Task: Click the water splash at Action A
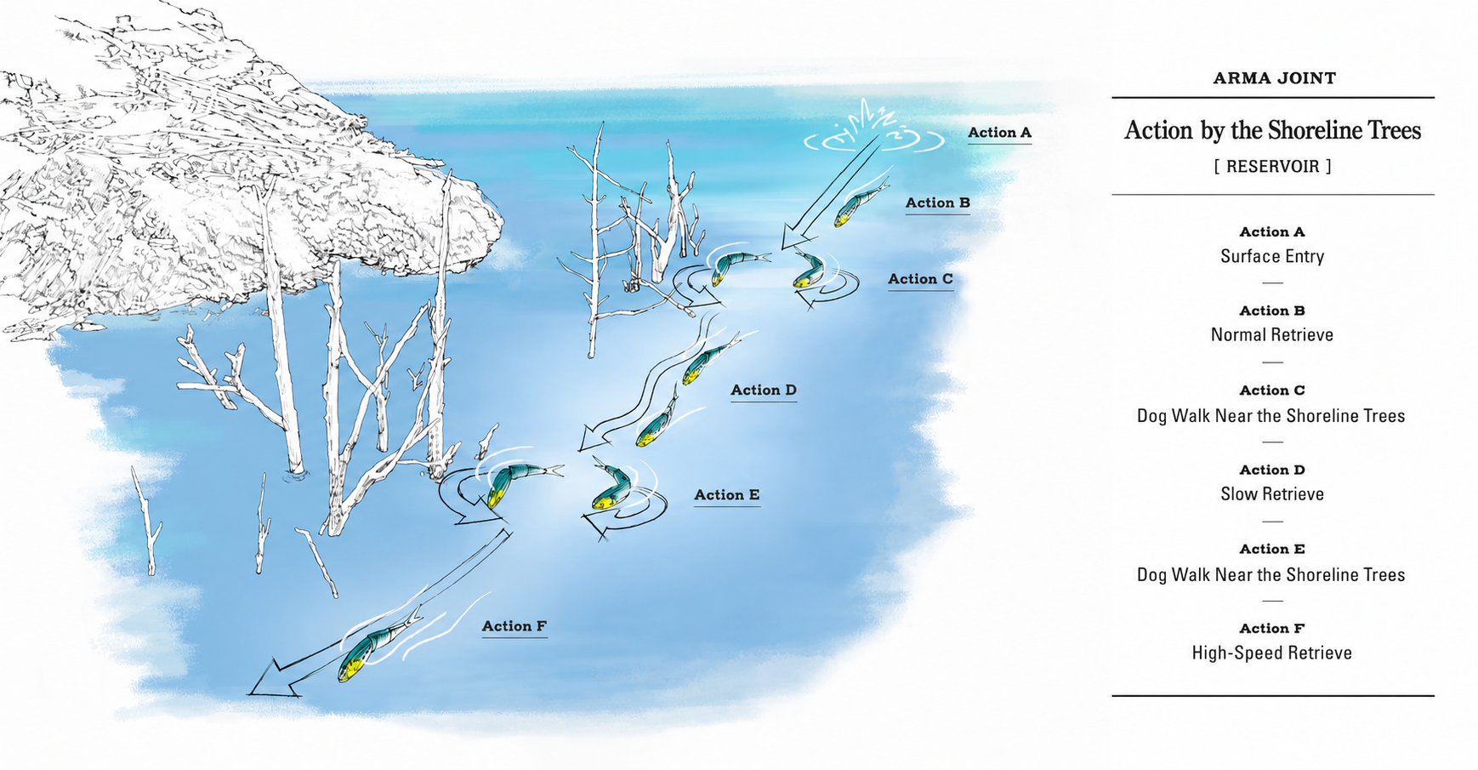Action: pos(874,129)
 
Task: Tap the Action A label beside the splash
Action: pos(999,133)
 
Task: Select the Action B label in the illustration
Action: pos(937,203)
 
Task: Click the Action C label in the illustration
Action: pos(920,279)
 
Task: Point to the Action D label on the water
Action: pos(764,391)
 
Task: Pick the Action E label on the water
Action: pos(726,495)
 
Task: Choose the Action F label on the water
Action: pos(514,626)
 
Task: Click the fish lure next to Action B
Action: pos(860,202)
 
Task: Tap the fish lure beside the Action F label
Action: pos(378,644)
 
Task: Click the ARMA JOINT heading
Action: pos(1274,78)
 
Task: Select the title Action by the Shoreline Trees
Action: pos(1272,130)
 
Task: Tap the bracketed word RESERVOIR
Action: pos(1272,167)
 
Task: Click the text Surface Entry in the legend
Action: pos(1272,257)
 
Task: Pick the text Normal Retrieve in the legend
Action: pos(1272,335)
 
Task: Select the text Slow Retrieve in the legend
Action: pos(1272,494)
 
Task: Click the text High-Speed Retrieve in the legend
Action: pos(1272,653)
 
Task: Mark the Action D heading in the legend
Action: pos(1272,470)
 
